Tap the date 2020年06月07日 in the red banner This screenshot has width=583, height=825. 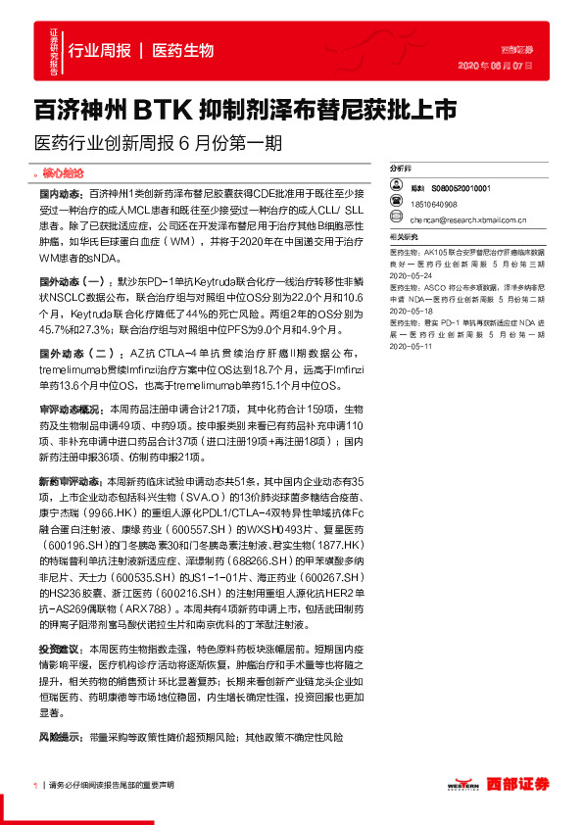coord(496,67)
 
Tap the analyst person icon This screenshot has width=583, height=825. coord(394,187)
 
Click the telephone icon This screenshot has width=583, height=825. coord(394,205)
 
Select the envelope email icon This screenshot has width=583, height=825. coord(394,221)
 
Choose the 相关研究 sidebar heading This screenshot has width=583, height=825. coord(404,237)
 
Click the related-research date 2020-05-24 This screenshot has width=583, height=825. coord(411,276)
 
